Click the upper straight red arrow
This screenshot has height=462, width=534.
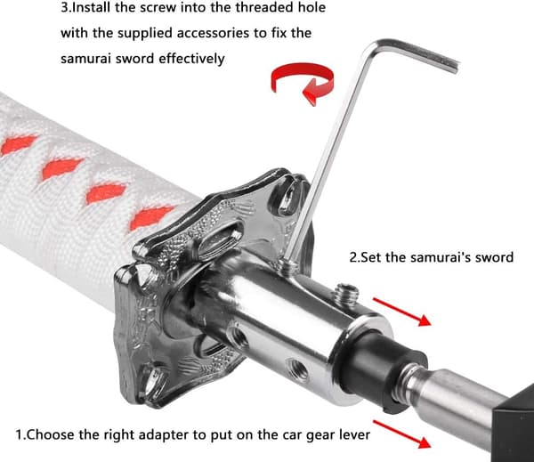pos(402,312)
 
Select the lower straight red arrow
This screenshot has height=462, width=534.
pos(402,434)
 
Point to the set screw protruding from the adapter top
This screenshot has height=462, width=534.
pos(346,294)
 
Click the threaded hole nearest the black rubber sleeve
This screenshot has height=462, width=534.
pos(298,368)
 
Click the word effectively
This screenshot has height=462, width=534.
pos(191,60)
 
